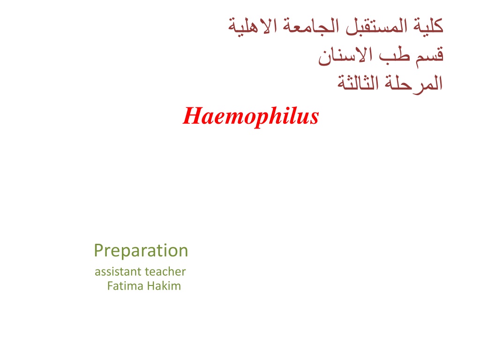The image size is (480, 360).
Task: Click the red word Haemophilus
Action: coord(251,116)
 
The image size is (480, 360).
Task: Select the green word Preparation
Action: coord(141,251)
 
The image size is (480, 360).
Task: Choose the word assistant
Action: coord(118,271)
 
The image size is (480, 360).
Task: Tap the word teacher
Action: coord(165,271)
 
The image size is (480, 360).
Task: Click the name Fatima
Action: coord(125,286)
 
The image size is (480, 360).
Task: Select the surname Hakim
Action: coord(164,286)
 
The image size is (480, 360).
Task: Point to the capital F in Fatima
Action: coord(110,286)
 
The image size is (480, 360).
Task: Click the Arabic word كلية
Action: coord(428,26)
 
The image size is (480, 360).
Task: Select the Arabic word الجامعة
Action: coord(311,26)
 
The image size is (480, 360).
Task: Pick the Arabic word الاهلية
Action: coord(253,26)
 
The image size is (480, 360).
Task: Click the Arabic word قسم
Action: coord(429,56)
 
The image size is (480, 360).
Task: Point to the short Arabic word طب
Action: coord(394,55)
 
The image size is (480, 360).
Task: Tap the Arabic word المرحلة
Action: coord(413,83)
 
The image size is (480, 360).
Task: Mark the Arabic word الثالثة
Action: coord(358,82)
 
